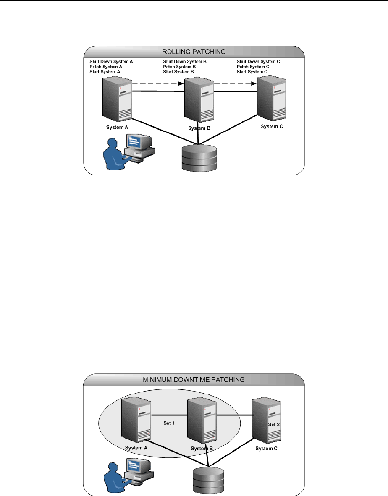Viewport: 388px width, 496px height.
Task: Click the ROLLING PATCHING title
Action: point(194,52)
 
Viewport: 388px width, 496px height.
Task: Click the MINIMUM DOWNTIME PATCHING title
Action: point(194,380)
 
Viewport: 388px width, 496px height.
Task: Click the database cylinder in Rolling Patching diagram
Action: point(199,158)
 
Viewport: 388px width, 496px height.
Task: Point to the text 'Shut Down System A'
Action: point(111,61)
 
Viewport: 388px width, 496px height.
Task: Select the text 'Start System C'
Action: point(252,71)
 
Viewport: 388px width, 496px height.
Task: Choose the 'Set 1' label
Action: point(169,423)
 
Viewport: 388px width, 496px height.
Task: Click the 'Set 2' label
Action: point(274,425)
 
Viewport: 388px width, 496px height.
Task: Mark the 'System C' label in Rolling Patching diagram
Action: point(273,126)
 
